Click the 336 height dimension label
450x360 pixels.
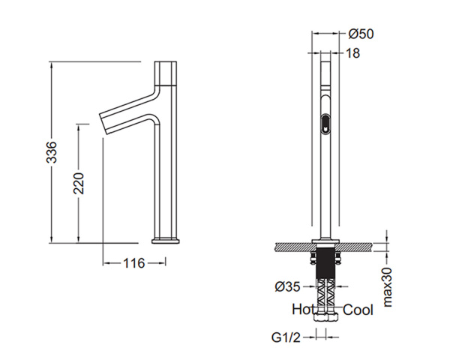52,152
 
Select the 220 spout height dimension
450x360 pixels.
79,183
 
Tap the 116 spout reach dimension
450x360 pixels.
134,263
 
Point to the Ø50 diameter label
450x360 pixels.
361,34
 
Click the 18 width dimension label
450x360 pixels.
353,53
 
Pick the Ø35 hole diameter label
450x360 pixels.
287,286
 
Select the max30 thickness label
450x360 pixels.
387,287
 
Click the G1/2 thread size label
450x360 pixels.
286,337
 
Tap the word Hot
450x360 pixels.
302,310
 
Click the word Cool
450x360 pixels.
358,310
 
